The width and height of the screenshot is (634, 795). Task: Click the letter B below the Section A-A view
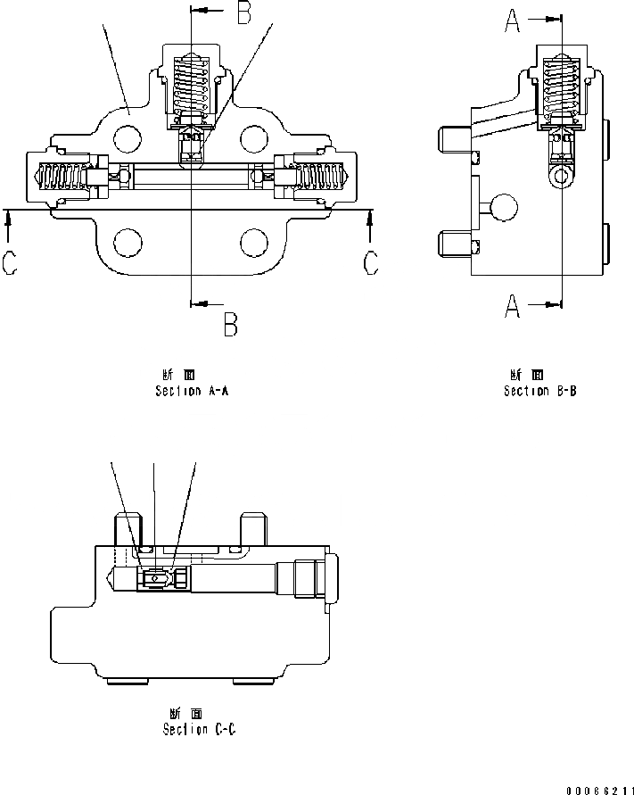[x=230, y=324]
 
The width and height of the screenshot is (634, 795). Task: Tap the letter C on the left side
[x=9, y=264]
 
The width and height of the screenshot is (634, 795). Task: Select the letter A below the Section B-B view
[x=513, y=306]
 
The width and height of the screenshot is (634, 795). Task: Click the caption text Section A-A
[x=192, y=391]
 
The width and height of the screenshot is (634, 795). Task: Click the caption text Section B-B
[x=539, y=391]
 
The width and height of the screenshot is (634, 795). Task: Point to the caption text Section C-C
[x=199, y=729]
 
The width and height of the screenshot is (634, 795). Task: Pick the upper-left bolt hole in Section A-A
[x=128, y=137]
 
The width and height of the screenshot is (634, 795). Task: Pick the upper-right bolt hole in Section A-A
[x=254, y=137]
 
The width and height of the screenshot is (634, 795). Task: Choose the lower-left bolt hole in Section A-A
[x=128, y=243]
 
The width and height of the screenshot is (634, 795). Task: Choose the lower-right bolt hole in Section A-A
[x=254, y=243]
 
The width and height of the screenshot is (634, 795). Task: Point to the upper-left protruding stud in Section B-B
[x=455, y=138]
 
